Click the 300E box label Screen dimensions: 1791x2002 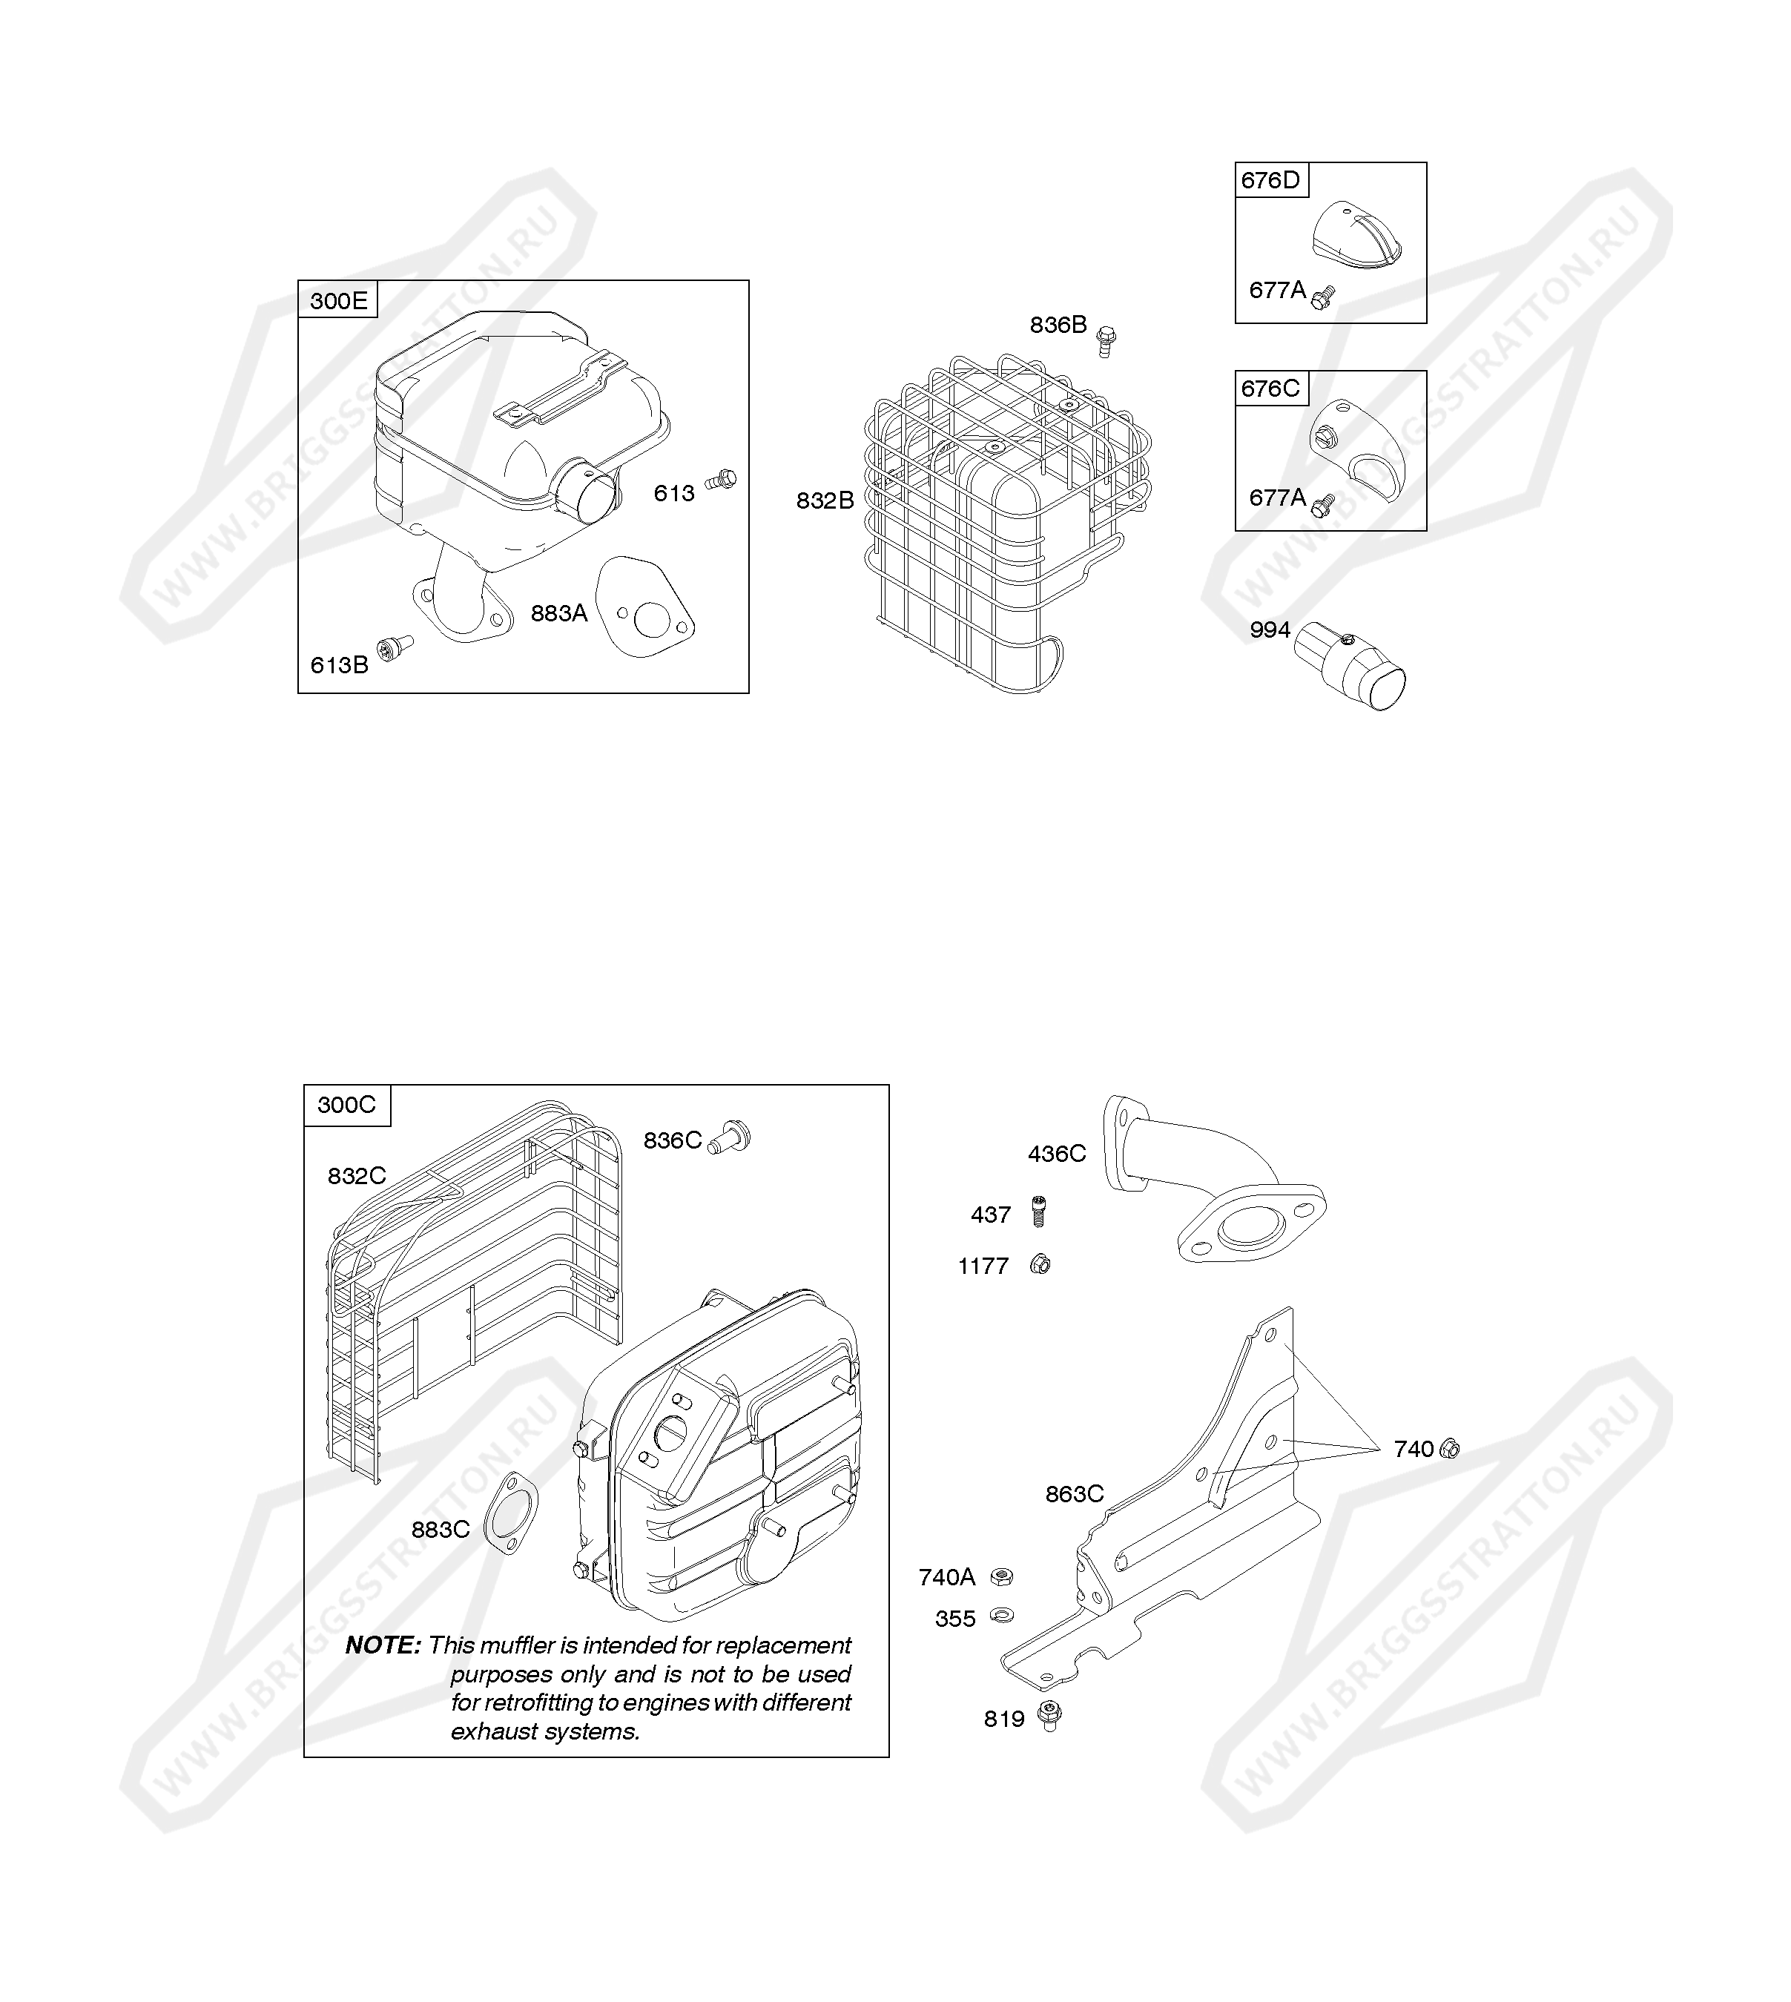coord(338,300)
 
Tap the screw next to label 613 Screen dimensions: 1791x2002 coord(722,479)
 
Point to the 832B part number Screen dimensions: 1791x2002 coord(825,500)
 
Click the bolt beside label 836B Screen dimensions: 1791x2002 coord(1106,340)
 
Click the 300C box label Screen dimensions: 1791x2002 coord(346,1105)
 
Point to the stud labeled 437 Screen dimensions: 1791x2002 coord(1038,1210)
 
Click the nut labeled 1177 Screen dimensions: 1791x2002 coord(1039,1264)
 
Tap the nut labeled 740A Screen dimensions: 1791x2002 coord(1000,1577)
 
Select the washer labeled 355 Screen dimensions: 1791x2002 coord(1002,1614)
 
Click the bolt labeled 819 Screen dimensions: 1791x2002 coord(1049,1716)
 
